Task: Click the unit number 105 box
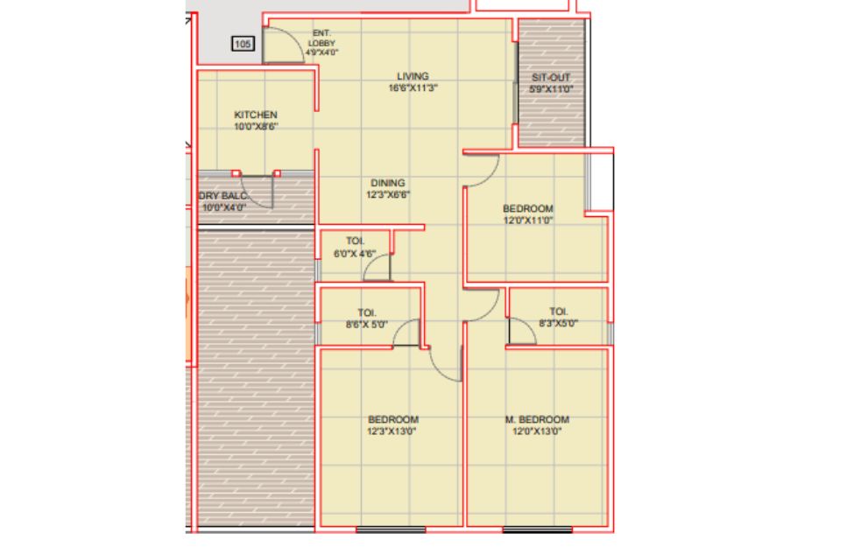pos(243,44)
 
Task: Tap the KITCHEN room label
pos(256,115)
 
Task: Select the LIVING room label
pos(413,76)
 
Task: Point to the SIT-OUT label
pos(551,78)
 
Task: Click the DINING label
pos(388,183)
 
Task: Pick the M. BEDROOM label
pos(537,419)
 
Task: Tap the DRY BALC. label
pos(224,196)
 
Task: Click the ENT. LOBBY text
pos(321,39)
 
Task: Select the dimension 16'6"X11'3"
pos(413,88)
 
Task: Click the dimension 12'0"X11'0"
pos(528,221)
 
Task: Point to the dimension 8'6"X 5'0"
pos(366,325)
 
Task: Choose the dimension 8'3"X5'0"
pos(558,323)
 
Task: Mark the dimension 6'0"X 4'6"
pos(355,254)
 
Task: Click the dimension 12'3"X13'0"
pos(392,431)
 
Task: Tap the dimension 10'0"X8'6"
pos(256,127)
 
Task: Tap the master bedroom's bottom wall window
pos(537,529)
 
